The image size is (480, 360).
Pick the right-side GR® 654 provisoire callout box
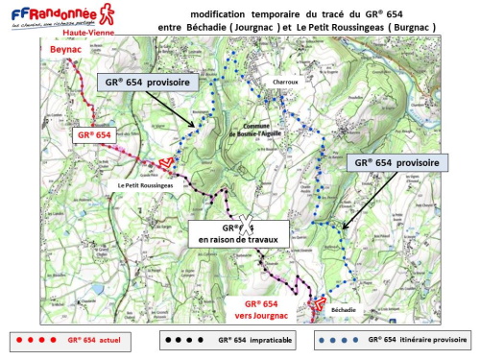click(x=395, y=163)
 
